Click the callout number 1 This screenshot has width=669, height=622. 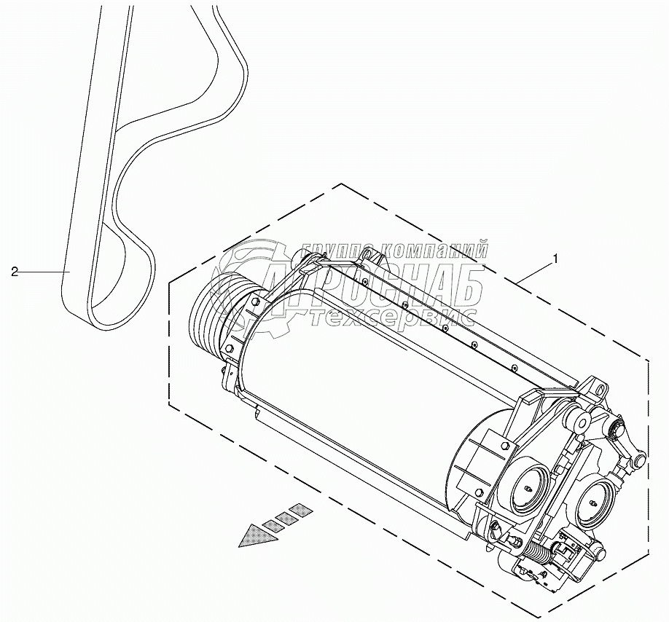(x=557, y=258)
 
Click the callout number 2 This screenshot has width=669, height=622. (x=15, y=271)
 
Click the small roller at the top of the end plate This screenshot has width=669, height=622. (x=582, y=420)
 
